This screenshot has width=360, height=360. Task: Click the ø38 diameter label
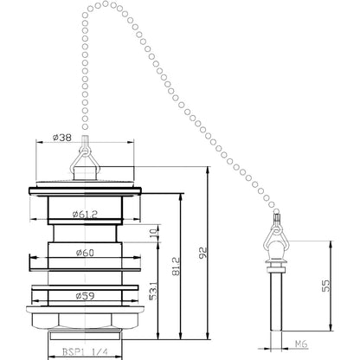point(62,138)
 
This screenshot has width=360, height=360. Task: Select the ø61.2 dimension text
point(85,215)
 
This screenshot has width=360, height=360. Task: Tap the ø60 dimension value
point(85,253)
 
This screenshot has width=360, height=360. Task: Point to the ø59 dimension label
point(85,296)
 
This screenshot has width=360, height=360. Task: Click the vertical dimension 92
point(203,253)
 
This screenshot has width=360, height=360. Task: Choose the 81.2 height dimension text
point(177,267)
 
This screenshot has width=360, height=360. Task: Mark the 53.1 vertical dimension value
point(154,291)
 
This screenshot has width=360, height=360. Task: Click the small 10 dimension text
point(153,233)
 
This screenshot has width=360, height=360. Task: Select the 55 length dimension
point(325,286)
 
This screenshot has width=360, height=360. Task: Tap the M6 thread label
point(301,344)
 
